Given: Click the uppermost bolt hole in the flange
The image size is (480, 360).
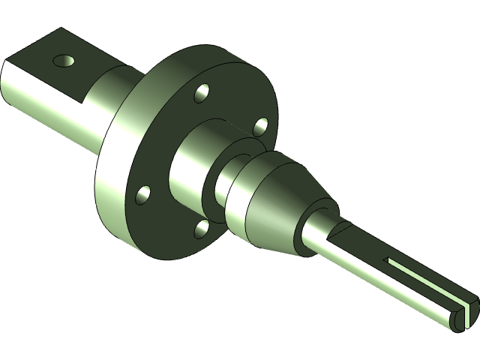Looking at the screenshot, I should click(202, 94).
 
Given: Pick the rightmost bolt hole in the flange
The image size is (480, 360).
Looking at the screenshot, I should click(260, 125).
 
